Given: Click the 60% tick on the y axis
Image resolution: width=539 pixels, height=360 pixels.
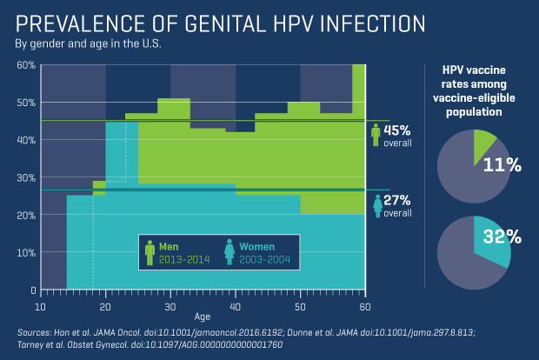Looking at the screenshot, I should click(x=26, y=65).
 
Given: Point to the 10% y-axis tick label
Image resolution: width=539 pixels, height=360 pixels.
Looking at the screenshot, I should click(x=26, y=252).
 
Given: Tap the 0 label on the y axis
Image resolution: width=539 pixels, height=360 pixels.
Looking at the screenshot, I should click(x=31, y=290).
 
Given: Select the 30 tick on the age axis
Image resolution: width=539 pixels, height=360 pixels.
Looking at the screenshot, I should click(x=170, y=307).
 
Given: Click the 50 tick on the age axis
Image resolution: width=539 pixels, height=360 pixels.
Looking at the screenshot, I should click(x=300, y=307).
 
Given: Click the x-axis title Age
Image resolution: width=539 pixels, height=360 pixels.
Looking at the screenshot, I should click(x=202, y=317).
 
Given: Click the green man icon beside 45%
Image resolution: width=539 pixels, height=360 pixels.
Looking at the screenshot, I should click(x=376, y=135).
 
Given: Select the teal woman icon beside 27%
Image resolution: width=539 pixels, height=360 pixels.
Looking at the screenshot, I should click(x=376, y=206).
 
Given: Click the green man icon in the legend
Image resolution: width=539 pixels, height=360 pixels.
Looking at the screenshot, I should click(x=150, y=252).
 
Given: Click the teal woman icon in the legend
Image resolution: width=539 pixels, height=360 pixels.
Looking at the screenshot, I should click(x=229, y=252).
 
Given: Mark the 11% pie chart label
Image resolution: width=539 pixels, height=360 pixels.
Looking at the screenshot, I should click(x=502, y=164).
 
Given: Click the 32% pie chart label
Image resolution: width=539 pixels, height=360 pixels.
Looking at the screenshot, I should click(x=502, y=237).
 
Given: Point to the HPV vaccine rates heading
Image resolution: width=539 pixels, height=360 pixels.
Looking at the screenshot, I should click(x=474, y=90).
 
